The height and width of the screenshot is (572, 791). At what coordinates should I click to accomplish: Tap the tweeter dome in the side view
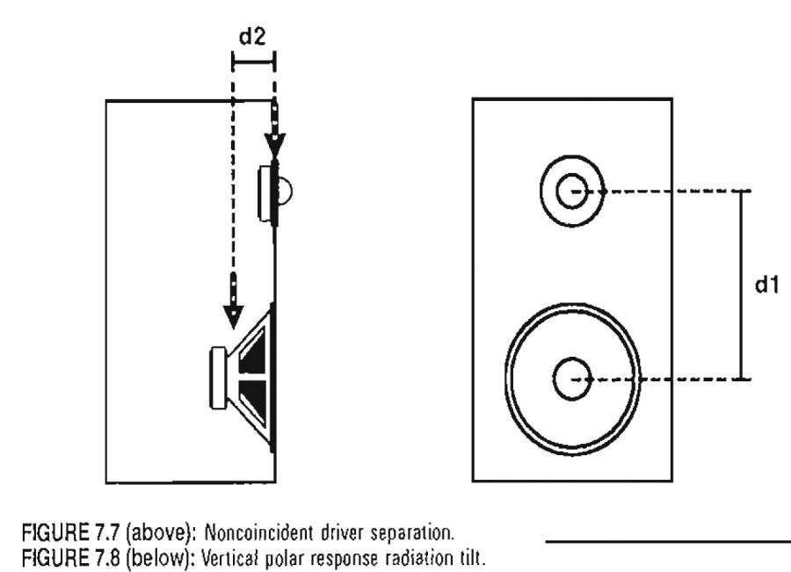tap(286, 189)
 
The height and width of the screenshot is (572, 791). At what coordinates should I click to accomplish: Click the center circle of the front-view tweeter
tap(571, 191)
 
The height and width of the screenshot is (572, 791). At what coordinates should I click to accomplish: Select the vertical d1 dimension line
tap(742, 285)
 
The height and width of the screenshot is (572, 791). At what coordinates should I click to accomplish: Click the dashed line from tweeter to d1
tap(668, 191)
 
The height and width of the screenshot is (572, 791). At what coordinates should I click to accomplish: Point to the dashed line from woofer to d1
tap(668, 379)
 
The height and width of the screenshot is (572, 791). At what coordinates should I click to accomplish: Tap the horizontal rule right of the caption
tap(668, 542)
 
